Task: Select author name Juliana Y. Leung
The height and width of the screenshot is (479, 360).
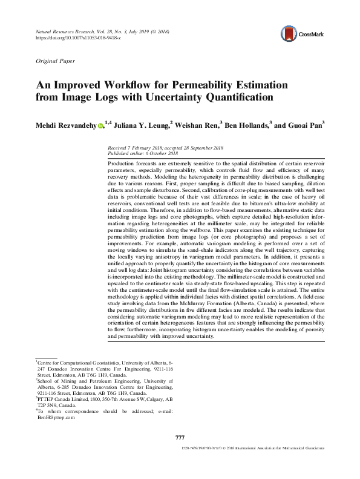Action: pos(142,126)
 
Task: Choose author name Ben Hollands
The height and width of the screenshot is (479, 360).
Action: pos(247,126)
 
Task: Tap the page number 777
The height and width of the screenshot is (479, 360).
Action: pos(180,437)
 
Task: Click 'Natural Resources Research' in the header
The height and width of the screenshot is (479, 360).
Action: pos(67,30)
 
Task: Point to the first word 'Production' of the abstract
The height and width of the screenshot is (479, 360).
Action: pos(121,164)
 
